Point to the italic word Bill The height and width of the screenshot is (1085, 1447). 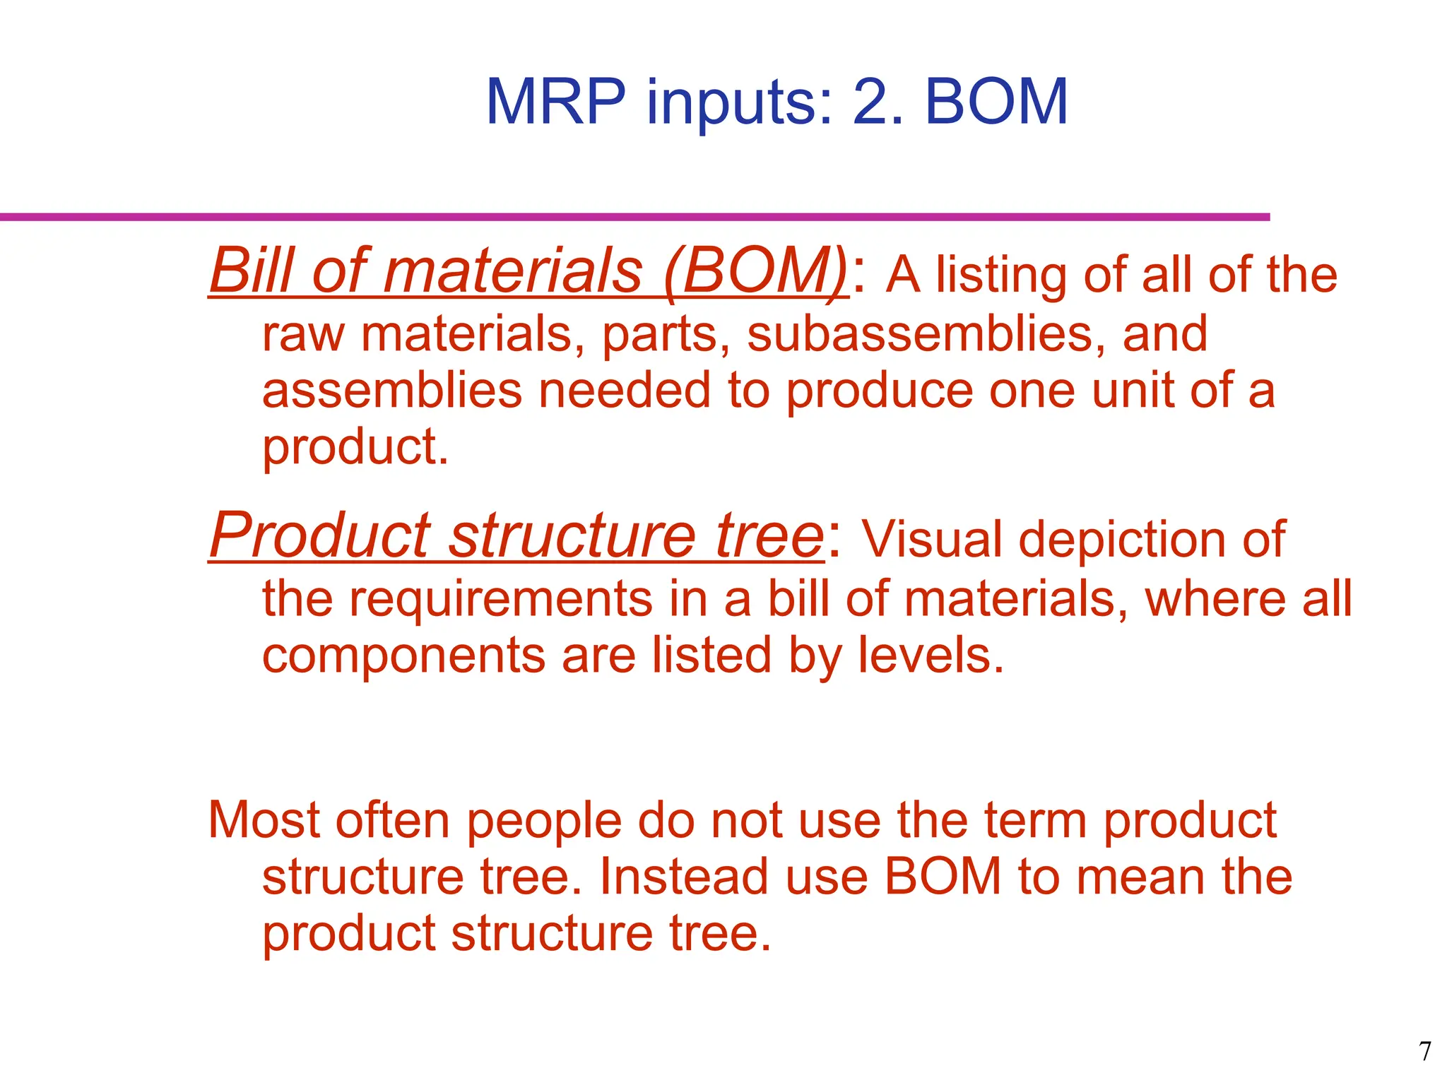click(252, 271)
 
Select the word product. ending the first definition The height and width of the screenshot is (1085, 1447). click(355, 448)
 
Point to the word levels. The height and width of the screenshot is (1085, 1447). click(931, 655)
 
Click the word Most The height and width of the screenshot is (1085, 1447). click(264, 821)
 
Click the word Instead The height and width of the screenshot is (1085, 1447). click(684, 877)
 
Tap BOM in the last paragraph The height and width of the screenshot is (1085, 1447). click(943, 877)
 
